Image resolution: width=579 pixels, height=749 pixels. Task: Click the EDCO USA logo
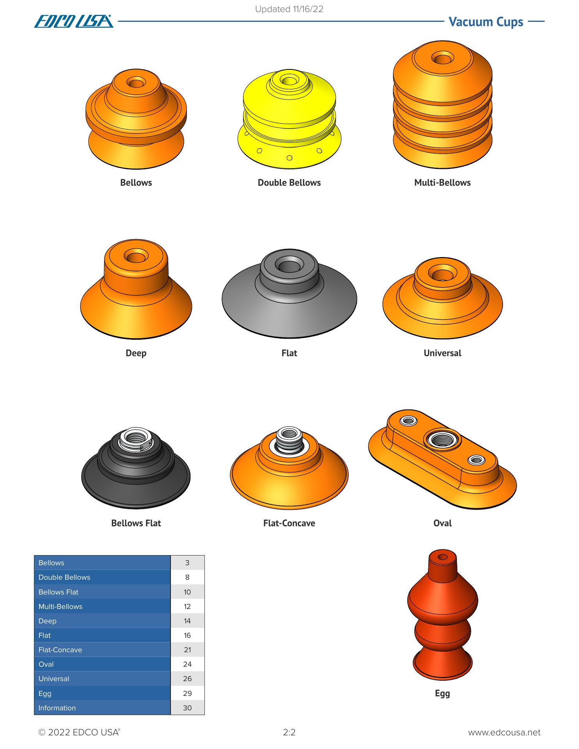click(74, 21)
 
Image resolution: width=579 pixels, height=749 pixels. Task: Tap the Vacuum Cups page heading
click(486, 22)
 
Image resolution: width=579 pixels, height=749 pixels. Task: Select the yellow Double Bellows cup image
click(289, 119)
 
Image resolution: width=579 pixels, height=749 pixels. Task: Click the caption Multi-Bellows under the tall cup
click(442, 183)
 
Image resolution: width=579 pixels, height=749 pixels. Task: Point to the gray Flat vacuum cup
click(289, 293)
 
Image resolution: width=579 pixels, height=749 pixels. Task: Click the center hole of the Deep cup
click(136, 257)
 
